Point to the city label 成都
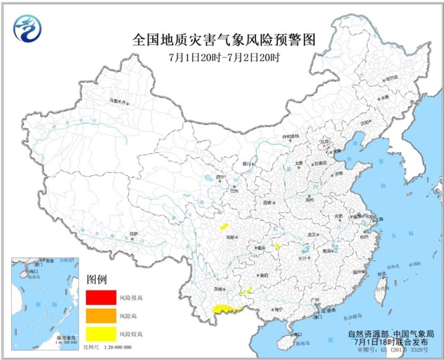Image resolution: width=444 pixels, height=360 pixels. click(230, 237)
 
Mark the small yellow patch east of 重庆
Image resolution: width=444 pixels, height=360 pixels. click(278, 246)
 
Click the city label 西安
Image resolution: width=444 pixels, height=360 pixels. click(267, 202)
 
